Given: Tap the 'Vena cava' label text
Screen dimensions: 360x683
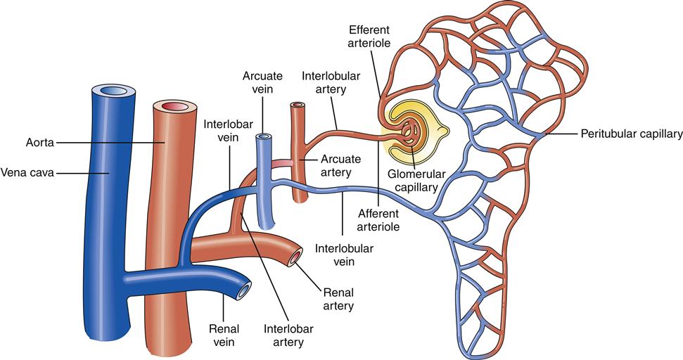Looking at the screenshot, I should coord(28,171).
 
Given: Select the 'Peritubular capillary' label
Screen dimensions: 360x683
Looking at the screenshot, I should coord(631,134).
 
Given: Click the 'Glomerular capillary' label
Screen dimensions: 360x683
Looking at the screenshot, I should coord(417,180).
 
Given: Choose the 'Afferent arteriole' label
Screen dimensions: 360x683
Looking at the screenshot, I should coord(379,219).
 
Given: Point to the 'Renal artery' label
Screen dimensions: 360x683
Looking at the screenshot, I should coord(338,298).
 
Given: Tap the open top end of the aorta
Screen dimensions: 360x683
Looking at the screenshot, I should coord(172,107).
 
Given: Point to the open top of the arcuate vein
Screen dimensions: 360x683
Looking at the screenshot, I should coord(264,137).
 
